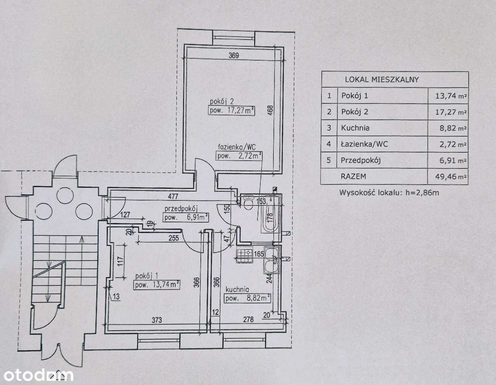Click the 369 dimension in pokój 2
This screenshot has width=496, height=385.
pyautogui.click(x=234, y=55)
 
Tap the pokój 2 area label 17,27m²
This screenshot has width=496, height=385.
pyautogui.click(x=232, y=110)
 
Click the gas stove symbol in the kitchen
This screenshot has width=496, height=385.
pyautogui.click(x=244, y=254)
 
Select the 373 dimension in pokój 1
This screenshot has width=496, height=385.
pyautogui.click(x=157, y=320)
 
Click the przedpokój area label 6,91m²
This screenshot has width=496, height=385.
pyautogui.click(x=186, y=217)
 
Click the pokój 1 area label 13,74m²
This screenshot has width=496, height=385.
pyautogui.click(x=157, y=285)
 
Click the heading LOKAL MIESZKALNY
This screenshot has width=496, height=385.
pyautogui.click(x=382, y=80)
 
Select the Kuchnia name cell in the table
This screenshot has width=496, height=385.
pyautogui.click(x=355, y=128)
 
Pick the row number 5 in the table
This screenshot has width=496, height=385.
pyautogui.click(x=329, y=160)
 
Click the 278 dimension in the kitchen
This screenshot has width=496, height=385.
pyautogui.click(x=248, y=320)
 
